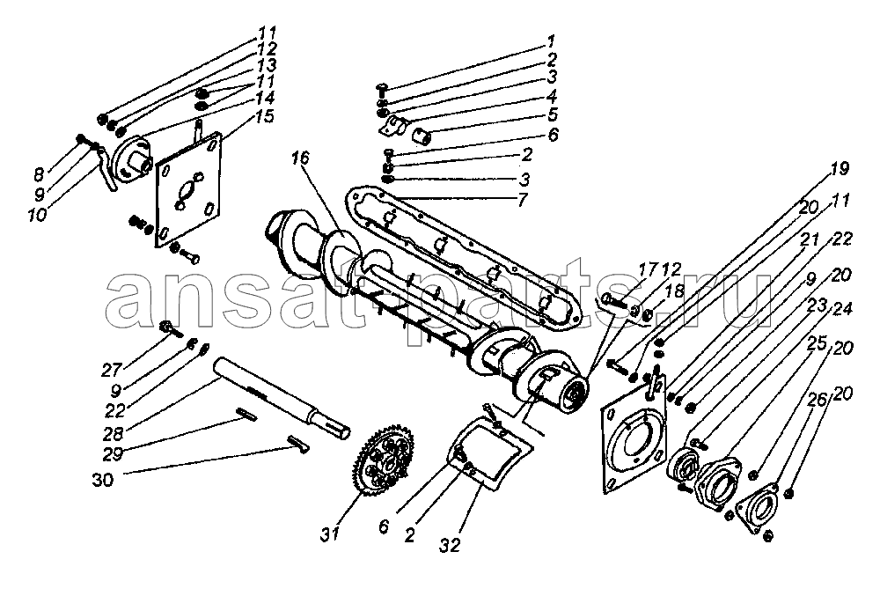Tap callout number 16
pos(300,158)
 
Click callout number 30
pos(103,481)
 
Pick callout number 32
pos(451,544)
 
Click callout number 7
pos(522,200)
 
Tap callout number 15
pos(264,117)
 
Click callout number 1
pos(551,41)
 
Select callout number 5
pos(553,115)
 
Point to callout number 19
pos(840,168)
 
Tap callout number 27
pos(112,371)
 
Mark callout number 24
pos(842,309)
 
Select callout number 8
pos(39,174)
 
